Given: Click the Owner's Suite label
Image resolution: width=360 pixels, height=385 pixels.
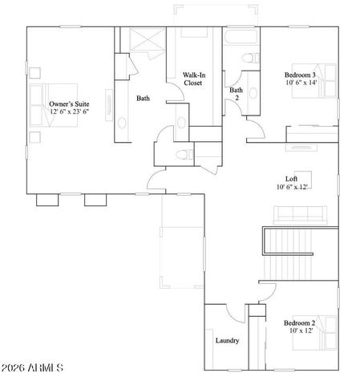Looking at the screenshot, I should point(69,104).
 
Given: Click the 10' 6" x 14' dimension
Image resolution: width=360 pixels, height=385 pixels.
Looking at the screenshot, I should point(301,83).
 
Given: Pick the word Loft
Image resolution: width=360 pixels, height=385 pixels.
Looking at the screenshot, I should point(293,180).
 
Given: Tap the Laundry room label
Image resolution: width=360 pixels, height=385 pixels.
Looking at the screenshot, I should point(227,340).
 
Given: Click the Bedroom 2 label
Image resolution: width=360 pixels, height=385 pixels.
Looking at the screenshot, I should point(300,323).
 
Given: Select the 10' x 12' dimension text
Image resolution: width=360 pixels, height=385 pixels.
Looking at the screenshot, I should point(300,332).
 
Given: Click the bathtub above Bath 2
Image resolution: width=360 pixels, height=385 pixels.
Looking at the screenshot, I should point(241,38).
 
